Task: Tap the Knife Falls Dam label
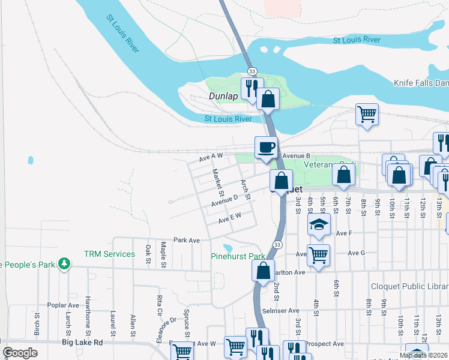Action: click(420, 83)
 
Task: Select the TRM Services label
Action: click(109, 254)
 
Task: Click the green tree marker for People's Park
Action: click(62, 264)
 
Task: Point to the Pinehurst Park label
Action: click(238, 256)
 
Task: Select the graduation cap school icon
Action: click(319, 225)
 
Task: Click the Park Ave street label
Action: click(186, 240)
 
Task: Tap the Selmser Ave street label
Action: click(280, 311)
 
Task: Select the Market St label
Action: click(217, 182)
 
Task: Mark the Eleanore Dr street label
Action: click(166, 329)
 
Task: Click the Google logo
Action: click(20, 353)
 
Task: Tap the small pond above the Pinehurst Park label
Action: click(227, 248)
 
